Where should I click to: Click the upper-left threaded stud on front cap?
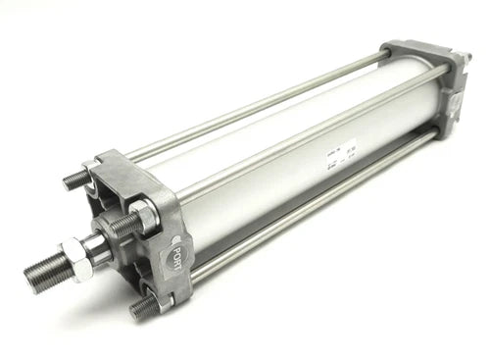click(75, 180)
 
